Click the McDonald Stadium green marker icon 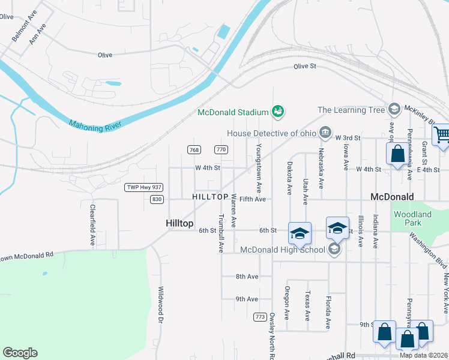[x=278, y=111]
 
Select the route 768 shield [x=193, y=149]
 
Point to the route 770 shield [x=221, y=149]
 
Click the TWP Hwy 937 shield [x=144, y=188]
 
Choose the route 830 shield [x=157, y=199]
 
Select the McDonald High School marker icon [x=334, y=249]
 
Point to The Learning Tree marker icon [x=394, y=109]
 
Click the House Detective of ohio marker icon [x=325, y=132]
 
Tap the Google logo [x=20, y=353]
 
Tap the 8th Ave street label [x=247, y=277]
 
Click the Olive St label [x=304, y=67]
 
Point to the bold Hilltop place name [x=179, y=223]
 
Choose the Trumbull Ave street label [x=221, y=233]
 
